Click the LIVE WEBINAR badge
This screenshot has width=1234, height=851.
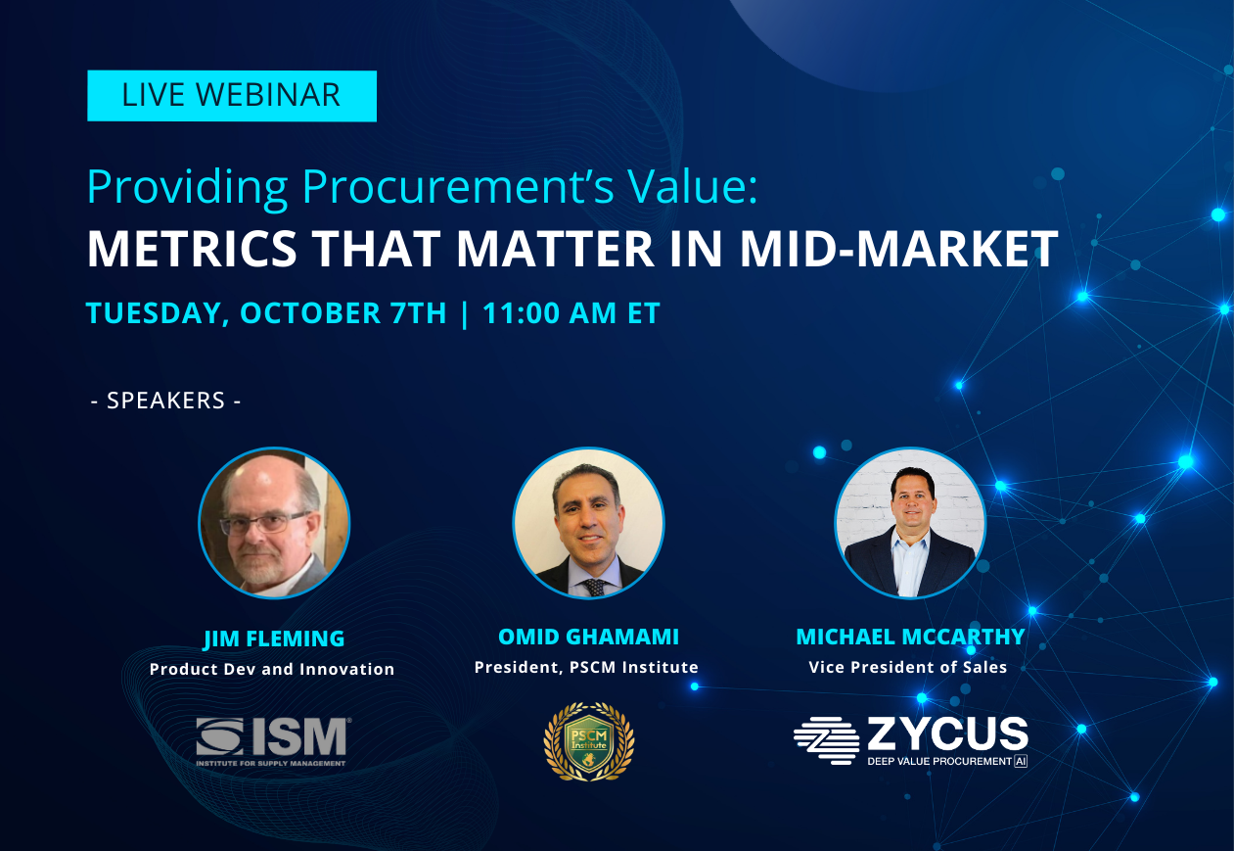(232, 96)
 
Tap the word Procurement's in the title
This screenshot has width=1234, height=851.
(458, 187)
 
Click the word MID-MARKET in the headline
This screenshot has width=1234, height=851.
(898, 249)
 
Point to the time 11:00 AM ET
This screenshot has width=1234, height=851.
(571, 313)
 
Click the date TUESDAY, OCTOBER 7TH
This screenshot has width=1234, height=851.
(266, 313)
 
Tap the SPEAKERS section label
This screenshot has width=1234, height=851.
(165, 401)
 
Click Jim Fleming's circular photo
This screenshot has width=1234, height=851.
(274, 523)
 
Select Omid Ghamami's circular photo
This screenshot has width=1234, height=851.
(588, 523)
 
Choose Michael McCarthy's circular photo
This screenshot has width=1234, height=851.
(910, 523)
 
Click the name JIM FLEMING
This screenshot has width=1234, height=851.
(274, 639)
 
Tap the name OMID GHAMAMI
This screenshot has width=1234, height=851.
(588, 638)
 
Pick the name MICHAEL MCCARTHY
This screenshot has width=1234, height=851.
(910, 638)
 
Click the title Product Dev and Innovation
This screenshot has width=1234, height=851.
(272, 669)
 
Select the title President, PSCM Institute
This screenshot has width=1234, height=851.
(586, 668)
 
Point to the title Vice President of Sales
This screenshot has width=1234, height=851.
(908, 668)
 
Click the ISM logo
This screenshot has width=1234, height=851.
(273, 741)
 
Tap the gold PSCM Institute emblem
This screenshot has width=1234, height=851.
(588, 741)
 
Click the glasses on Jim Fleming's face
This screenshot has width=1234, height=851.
(264, 523)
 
